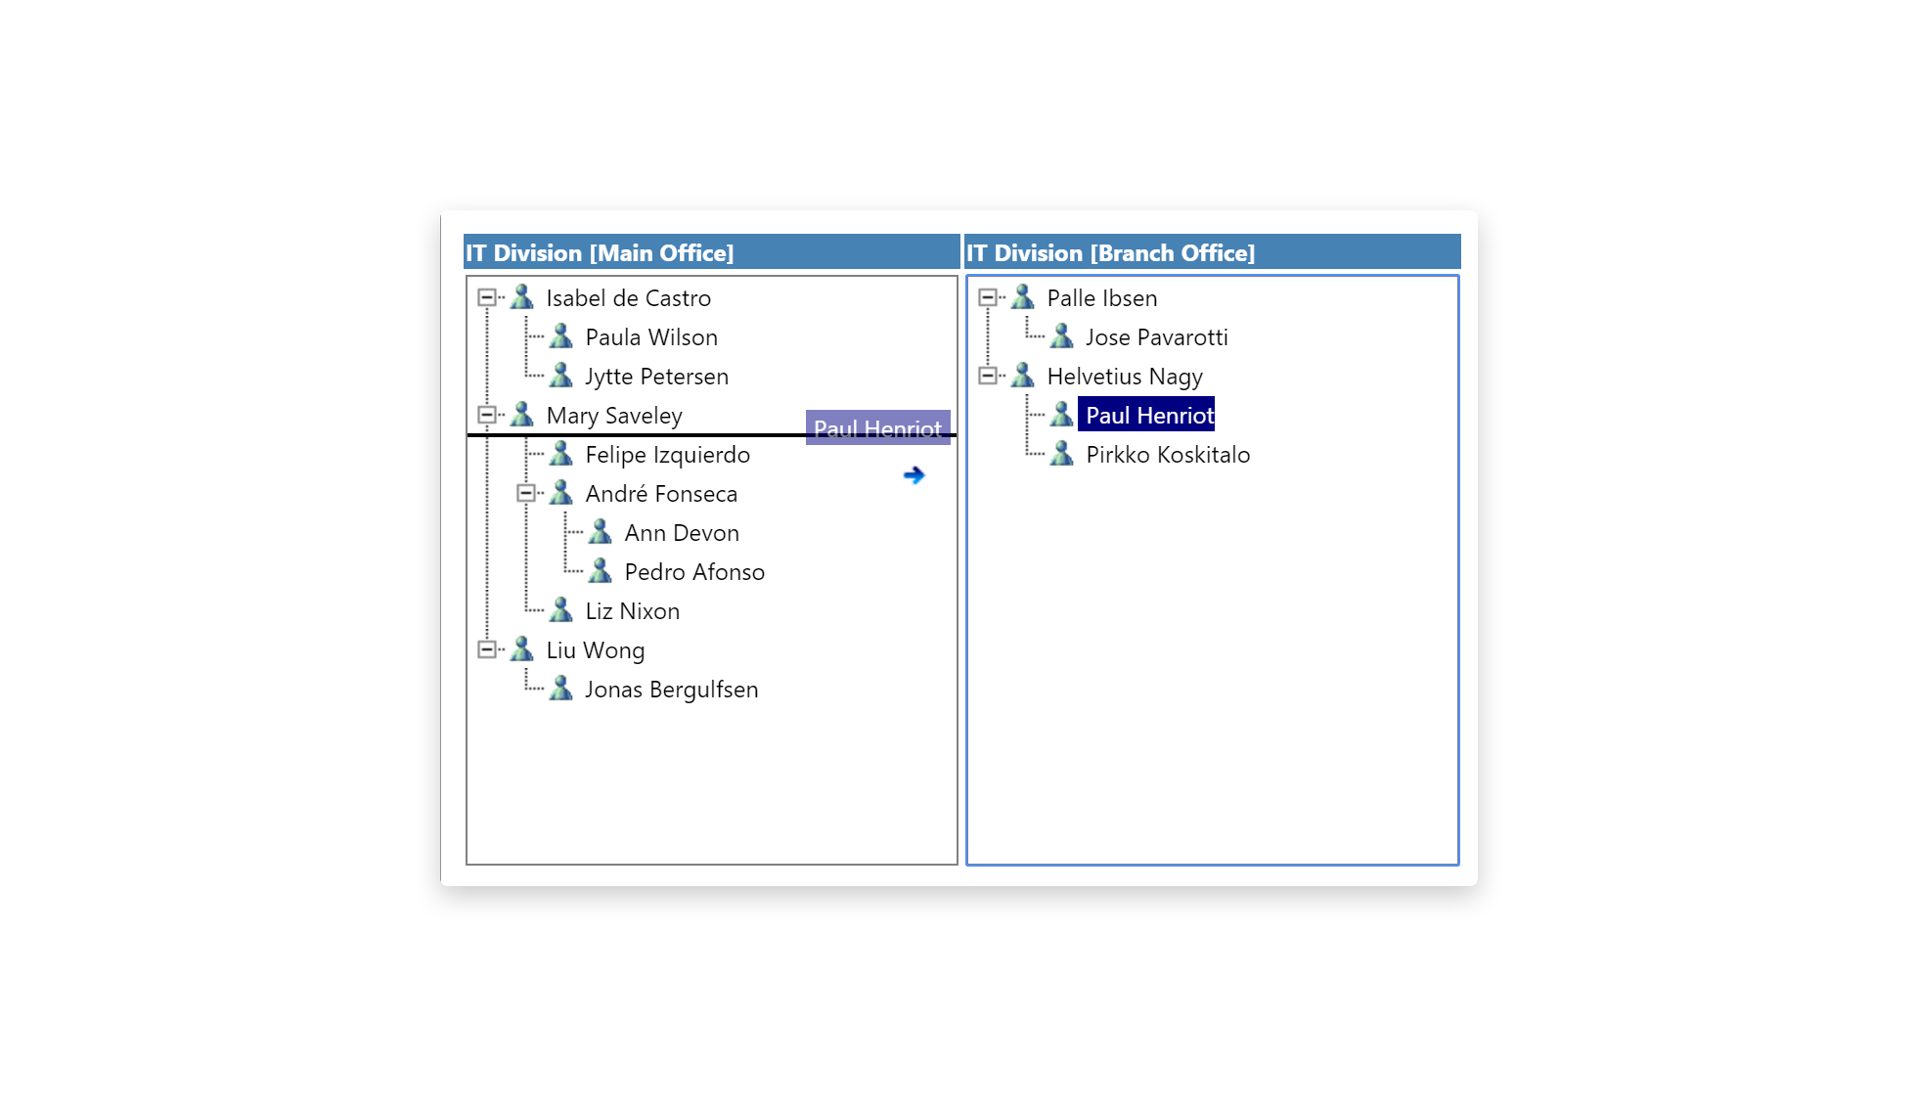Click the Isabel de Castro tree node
pos(628,298)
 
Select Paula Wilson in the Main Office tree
pos(650,337)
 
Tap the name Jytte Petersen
pos(656,377)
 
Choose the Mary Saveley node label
pos(613,416)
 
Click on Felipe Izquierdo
pos(667,455)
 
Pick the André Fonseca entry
pos(661,494)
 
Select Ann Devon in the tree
pos(682,533)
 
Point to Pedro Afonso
pos(694,572)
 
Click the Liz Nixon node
pos(632,611)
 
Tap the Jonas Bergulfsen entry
pos(671,690)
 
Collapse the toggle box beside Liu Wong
pos(486,649)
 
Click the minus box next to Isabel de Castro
pos(486,297)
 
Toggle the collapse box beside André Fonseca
pos(525,493)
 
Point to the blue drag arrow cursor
pos(914,475)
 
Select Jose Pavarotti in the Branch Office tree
pos(1156,337)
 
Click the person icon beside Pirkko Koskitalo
pos(1061,454)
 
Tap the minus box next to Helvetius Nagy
pos(987,376)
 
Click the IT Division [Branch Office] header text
pos(1110,253)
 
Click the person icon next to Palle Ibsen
pos(1022,296)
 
